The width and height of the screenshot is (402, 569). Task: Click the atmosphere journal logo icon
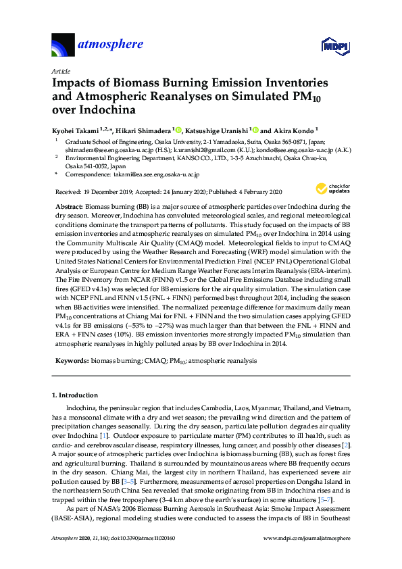[x=63, y=46]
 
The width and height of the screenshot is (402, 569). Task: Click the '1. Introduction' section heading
[x=74, y=395]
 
